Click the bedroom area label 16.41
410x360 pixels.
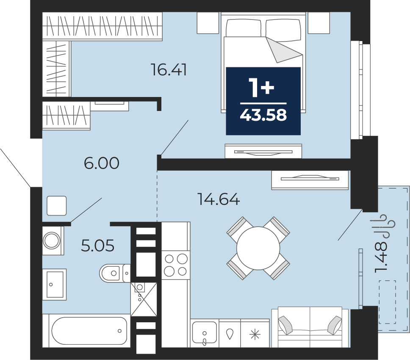169,70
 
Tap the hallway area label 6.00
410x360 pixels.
102,163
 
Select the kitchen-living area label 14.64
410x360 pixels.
219,199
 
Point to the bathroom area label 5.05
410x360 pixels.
97,246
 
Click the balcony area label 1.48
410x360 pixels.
381,257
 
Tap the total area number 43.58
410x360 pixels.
263,115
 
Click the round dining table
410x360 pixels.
258,248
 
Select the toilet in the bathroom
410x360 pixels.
114,273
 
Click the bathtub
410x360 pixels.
86,331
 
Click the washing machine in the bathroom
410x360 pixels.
53,241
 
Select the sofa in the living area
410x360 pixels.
310,327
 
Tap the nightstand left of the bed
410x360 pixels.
208,23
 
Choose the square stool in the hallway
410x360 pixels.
57,206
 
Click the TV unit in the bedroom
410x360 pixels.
263,151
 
